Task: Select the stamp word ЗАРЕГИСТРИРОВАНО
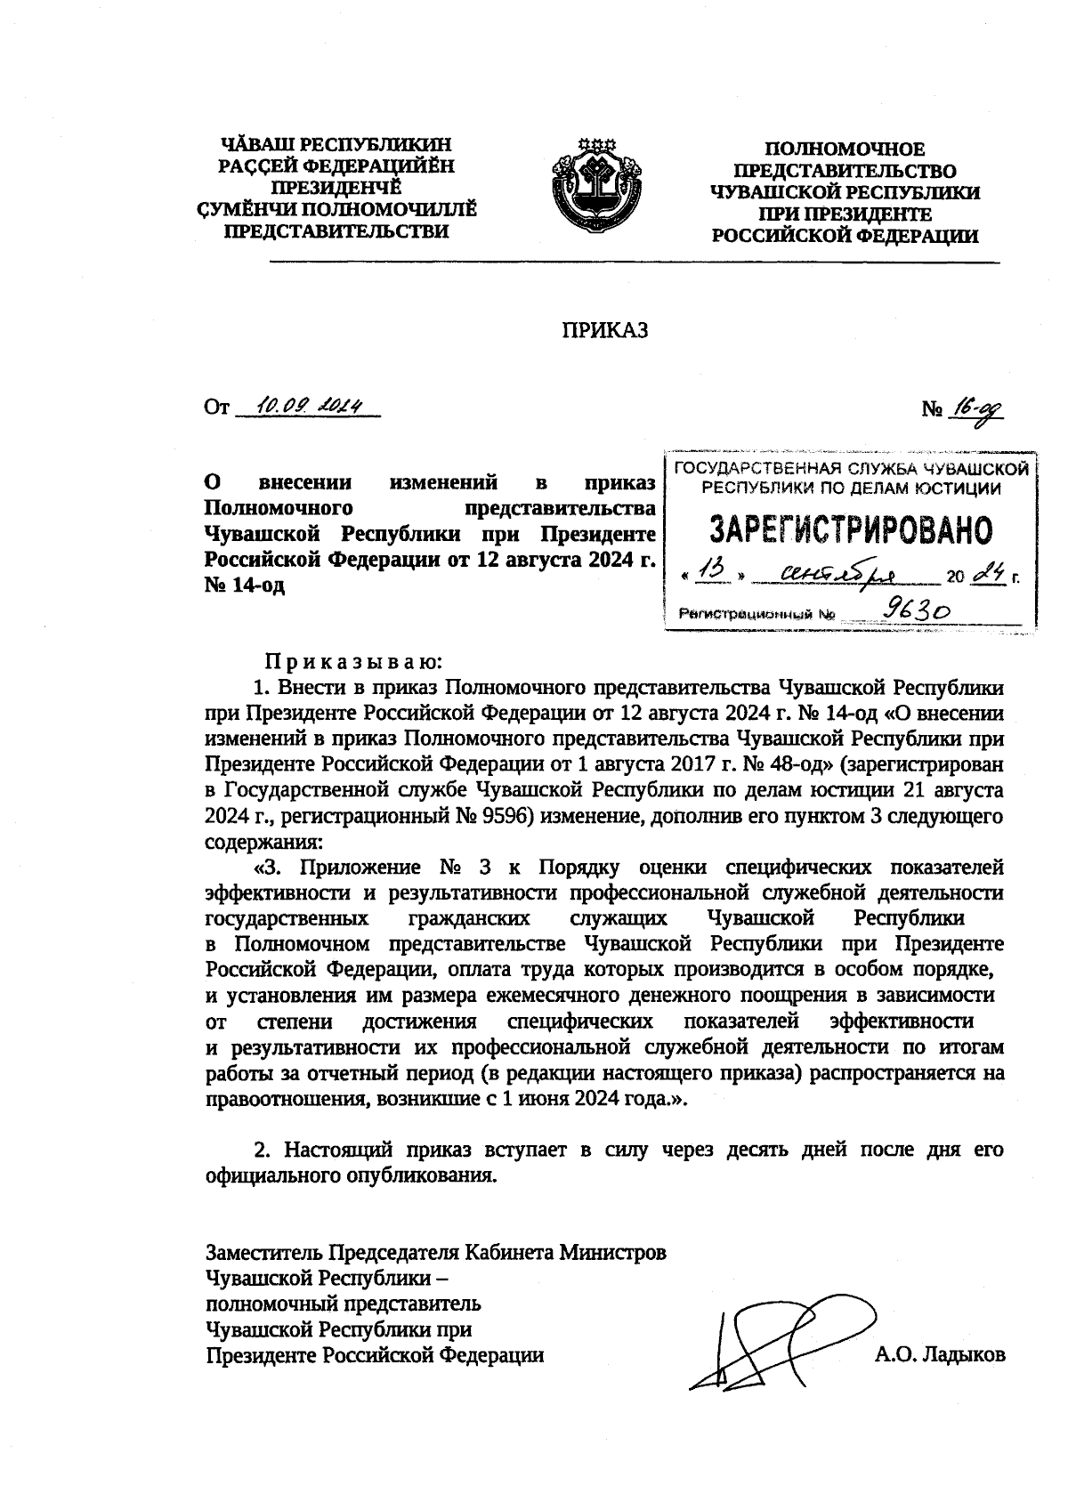[851, 531]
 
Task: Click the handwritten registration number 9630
[917, 610]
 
